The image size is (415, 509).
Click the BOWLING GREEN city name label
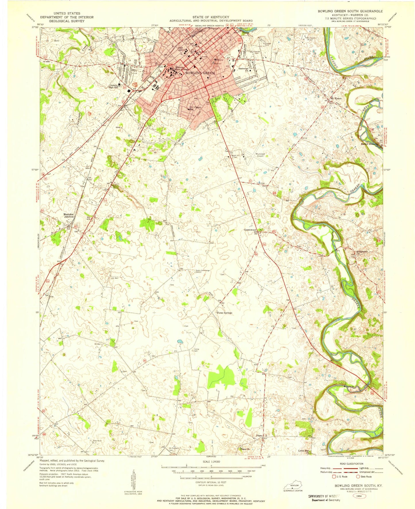point(200,73)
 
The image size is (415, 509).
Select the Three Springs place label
point(224,313)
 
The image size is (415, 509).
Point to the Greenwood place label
point(250,230)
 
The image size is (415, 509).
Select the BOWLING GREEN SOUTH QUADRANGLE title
point(350,11)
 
